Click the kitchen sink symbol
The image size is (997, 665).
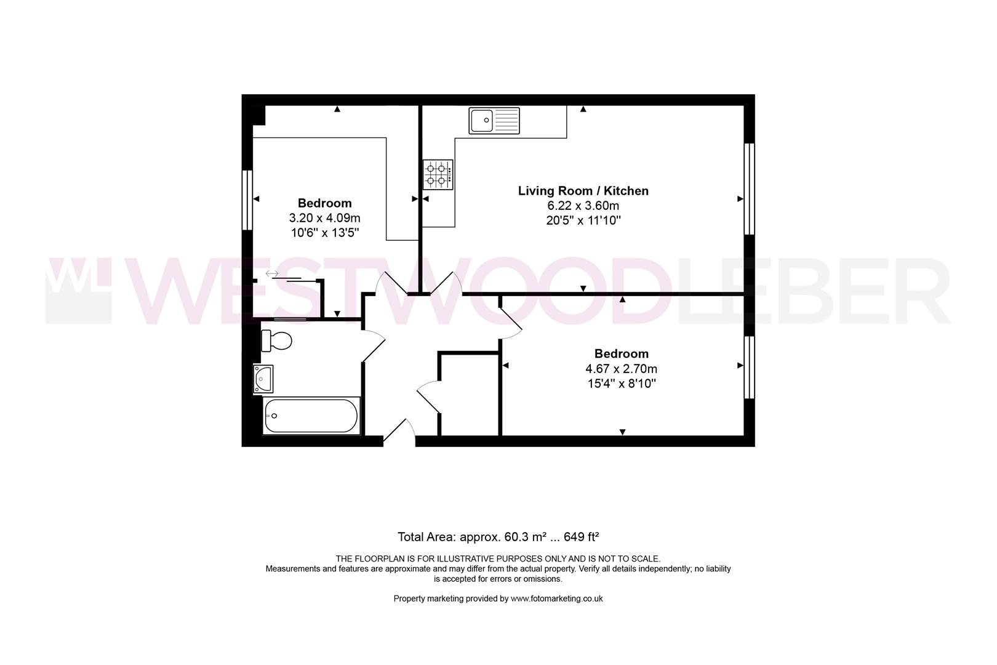tap(494, 120)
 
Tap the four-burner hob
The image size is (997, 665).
tap(438, 175)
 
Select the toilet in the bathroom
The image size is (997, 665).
tap(276, 341)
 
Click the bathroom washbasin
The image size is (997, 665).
tap(263, 379)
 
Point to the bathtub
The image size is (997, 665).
tap(311, 416)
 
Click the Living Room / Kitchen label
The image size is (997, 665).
tap(583, 191)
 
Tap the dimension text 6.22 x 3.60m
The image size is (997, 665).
tap(583, 205)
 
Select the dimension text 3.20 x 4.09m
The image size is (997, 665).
tap(324, 218)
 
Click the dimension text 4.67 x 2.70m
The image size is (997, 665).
tap(622, 369)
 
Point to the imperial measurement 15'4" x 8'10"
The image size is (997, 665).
tap(622, 384)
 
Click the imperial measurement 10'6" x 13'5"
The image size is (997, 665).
tap(324, 233)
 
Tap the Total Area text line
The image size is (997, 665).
tap(498, 537)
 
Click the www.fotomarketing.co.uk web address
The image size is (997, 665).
tap(556, 598)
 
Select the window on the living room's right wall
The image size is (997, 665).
tap(750, 189)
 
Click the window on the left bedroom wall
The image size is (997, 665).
tap(247, 200)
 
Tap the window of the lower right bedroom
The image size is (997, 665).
tap(750, 367)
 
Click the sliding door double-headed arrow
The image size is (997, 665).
tap(272, 273)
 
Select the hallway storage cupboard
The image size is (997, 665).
tap(469, 393)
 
